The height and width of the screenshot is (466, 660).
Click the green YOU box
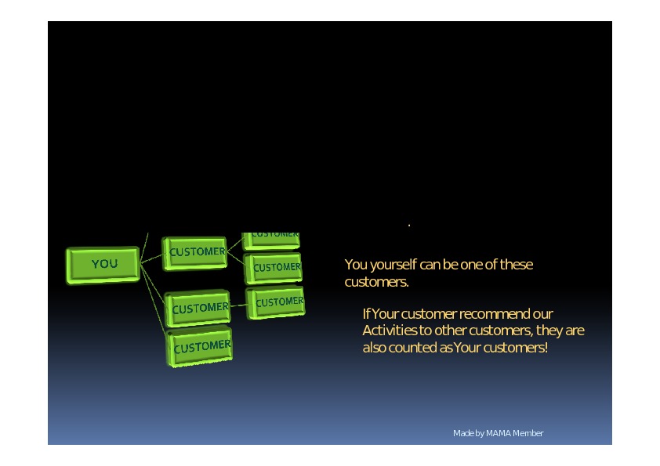coord(103,264)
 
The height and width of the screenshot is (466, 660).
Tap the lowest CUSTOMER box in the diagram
coord(201,347)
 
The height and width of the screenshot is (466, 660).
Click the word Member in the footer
coord(528,433)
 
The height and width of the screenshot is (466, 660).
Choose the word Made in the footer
coord(462,433)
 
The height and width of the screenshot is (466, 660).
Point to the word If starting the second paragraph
coord(366,314)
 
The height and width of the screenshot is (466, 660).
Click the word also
coord(375,347)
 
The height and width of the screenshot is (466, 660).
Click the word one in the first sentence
coord(471,265)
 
